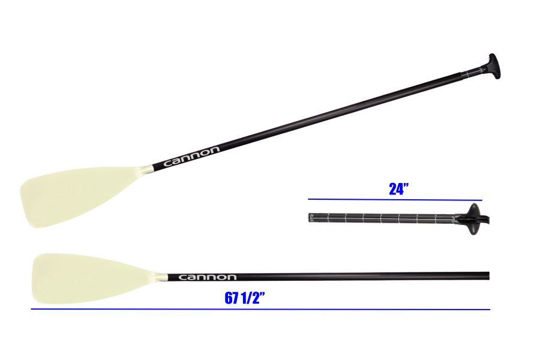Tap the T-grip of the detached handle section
pyautogui.click(x=474, y=218)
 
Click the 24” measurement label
pyautogui.click(x=398, y=189)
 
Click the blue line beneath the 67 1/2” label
pyautogui.click(x=260, y=310)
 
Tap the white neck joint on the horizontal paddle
pyautogui.click(x=161, y=277)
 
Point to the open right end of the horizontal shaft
pyautogui.click(x=488, y=277)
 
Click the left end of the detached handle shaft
pyautogui.click(x=311, y=217)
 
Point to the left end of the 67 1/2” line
pyautogui.click(x=32, y=310)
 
